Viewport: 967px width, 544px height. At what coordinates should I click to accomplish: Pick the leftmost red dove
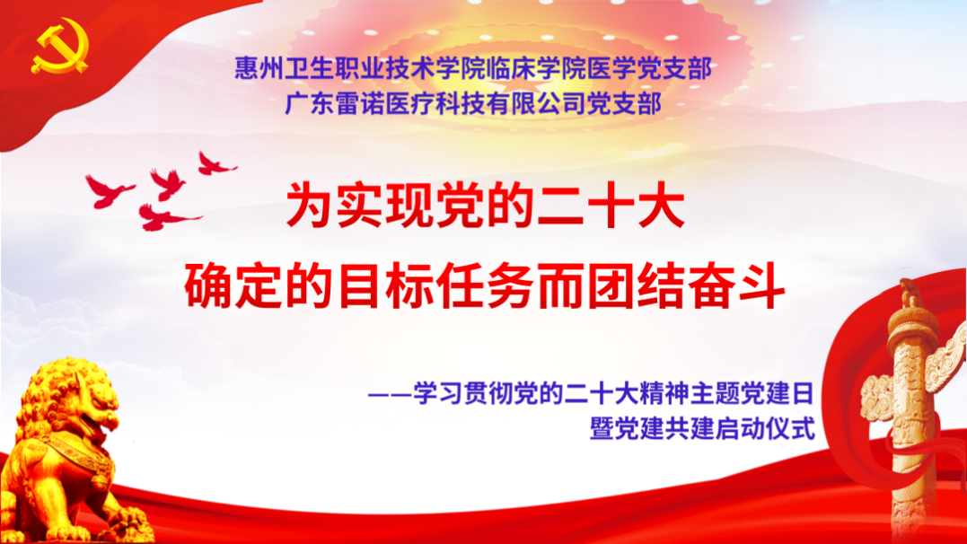[107, 189]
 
